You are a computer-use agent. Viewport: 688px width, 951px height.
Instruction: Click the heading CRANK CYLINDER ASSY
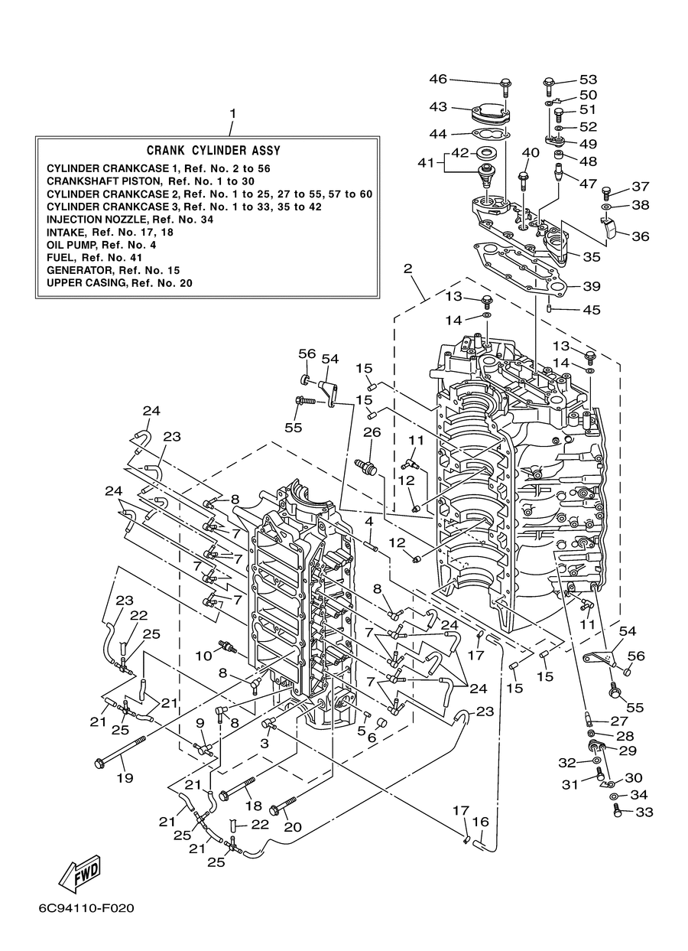(x=213, y=151)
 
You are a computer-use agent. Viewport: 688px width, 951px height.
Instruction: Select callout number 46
(x=438, y=79)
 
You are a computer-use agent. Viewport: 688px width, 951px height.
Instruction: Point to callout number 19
(x=125, y=778)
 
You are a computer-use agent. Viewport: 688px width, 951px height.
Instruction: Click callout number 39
(x=591, y=286)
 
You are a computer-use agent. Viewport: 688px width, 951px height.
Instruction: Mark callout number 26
(x=372, y=432)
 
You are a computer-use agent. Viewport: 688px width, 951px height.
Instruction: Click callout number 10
(x=203, y=656)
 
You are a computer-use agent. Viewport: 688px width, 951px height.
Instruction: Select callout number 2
(x=407, y=269)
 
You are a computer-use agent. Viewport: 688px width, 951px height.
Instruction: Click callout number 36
(x=640, y=236)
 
